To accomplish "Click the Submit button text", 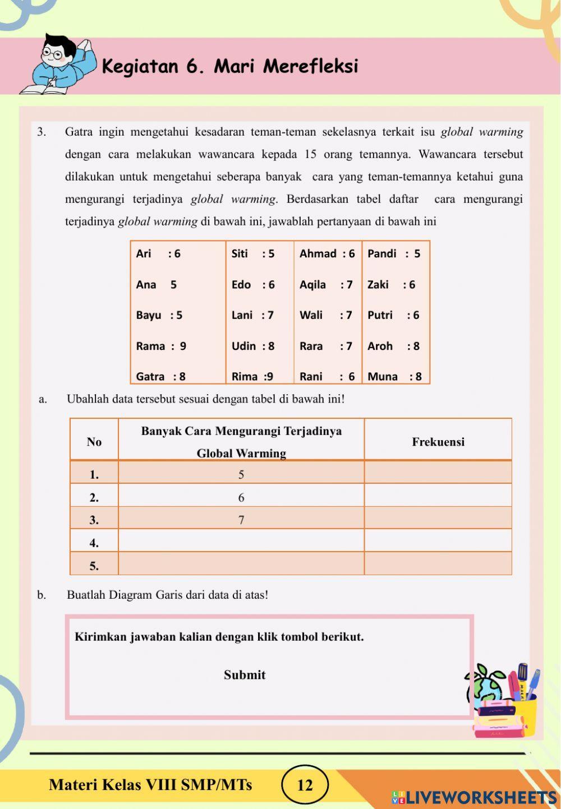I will point(245,675).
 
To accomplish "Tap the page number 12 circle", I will point(305,785).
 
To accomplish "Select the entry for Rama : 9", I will point(161,346).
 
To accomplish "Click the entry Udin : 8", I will point(253,346).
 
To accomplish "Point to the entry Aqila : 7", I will point(326,284).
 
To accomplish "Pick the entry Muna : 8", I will point(394,377).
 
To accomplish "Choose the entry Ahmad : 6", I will point(327,253).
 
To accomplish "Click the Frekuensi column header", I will point(438,442).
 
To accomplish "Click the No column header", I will point(94,442).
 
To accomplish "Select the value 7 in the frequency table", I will point(241,520).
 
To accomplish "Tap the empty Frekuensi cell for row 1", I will point(438,474).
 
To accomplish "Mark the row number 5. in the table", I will point(94,566).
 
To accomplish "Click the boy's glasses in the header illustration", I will point(54,53).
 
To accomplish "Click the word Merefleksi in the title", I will point(310,66).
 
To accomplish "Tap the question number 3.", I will point(42,132).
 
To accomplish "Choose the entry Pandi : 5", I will point(394,253).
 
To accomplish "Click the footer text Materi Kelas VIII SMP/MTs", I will point(150,784).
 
